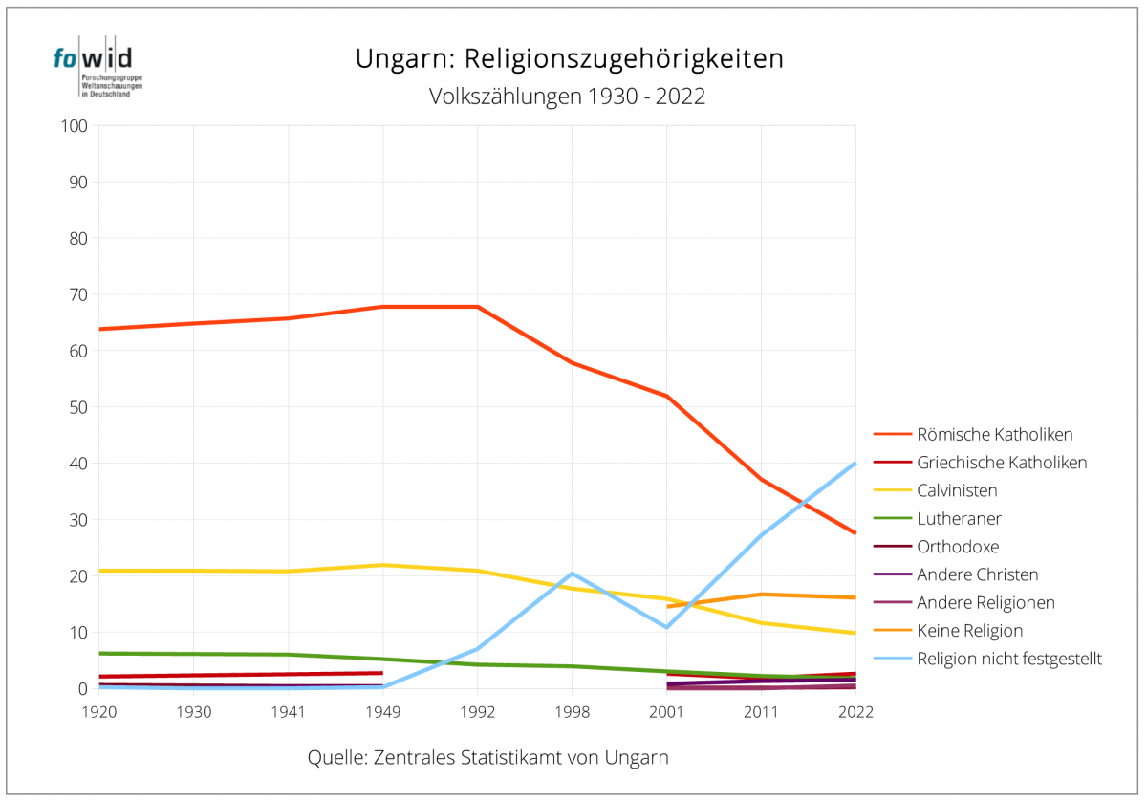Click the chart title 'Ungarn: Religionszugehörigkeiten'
[570, 58]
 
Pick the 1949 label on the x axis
[382, 712]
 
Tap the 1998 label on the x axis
[572, 712]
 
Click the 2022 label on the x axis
[855, 712]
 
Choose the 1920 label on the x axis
[99, 712]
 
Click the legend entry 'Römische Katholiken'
[994, 435]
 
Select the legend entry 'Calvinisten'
[957, 491]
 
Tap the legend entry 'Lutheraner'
[959, 519]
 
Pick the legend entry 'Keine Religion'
[969, 631]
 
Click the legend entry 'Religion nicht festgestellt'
[1009, 659]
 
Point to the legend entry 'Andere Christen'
[977, 574]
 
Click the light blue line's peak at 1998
[572, 574]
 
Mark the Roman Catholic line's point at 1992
[477, 307]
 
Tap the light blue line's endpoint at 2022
[855, 464]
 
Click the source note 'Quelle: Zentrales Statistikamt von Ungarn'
[487, 758]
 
